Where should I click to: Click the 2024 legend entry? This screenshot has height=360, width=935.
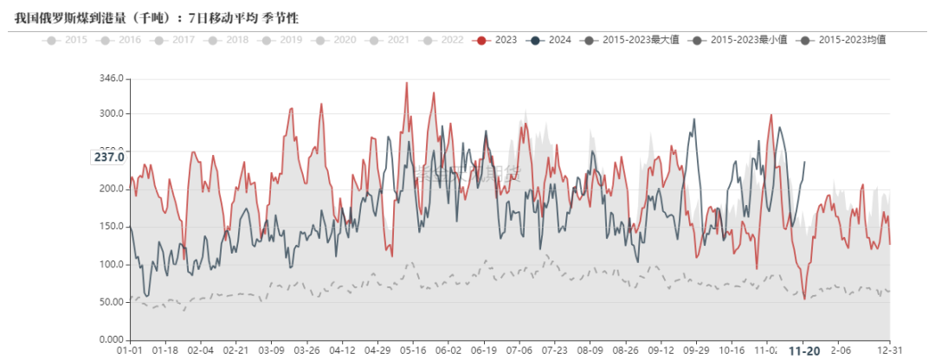[551, 40]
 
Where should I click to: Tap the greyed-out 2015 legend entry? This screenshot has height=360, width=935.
[68, 40]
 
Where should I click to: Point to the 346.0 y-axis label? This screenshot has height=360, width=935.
[113, 80]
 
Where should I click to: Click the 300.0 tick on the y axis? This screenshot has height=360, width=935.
[113, 114]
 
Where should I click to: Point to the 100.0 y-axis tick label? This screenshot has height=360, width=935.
[113, 265]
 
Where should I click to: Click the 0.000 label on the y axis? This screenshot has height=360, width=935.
[113, 339]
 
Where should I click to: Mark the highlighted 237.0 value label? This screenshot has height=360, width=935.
[110, 157]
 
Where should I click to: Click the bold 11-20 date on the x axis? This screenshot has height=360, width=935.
[804, 351]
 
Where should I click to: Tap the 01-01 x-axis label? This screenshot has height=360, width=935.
[130, 350]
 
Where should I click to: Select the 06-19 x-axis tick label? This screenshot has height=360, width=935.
[484, 350]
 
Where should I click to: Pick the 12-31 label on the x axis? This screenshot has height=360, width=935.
[889, 350]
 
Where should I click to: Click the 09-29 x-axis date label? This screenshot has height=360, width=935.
[696, 350]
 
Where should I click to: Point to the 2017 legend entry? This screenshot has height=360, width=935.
[175, 40]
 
